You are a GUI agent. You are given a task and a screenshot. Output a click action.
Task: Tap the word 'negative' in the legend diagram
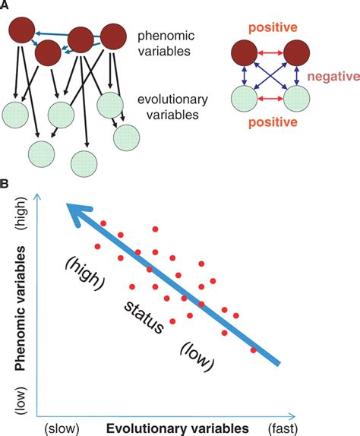[x=333, y=76]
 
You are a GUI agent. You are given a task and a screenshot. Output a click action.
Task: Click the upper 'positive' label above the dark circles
[x=273, y=27]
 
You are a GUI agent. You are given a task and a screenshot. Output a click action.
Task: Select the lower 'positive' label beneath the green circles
[x=273, y=122]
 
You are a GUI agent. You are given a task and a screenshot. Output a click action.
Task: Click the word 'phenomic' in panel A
[x=166, y=36]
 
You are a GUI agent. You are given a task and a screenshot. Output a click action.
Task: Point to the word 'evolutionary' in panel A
[x=172, y=100]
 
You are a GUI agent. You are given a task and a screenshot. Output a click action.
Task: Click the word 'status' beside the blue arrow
[x=144, y=318]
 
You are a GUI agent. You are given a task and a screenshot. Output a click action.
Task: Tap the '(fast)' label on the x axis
[x=283, y=428]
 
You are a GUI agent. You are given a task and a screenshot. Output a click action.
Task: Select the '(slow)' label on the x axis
[x=62, y=428]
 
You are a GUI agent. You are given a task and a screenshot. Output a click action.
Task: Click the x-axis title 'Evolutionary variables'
[x=178, y=428]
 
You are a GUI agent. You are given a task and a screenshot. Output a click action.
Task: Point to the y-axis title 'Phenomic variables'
[x=21, y=308]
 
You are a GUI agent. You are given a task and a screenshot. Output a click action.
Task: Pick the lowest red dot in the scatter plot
[x=253, y=350]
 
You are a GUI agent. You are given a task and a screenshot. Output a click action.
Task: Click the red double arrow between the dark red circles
[x=270, y=53]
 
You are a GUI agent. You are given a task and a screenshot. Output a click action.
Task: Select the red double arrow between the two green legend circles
[x=270, y=99]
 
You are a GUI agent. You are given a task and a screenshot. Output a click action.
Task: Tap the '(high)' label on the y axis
[x=21, y=213]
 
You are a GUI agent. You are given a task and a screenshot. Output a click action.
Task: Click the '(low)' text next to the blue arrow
[x=197, y=357]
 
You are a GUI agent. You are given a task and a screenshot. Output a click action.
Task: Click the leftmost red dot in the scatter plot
[x=97, y=246]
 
